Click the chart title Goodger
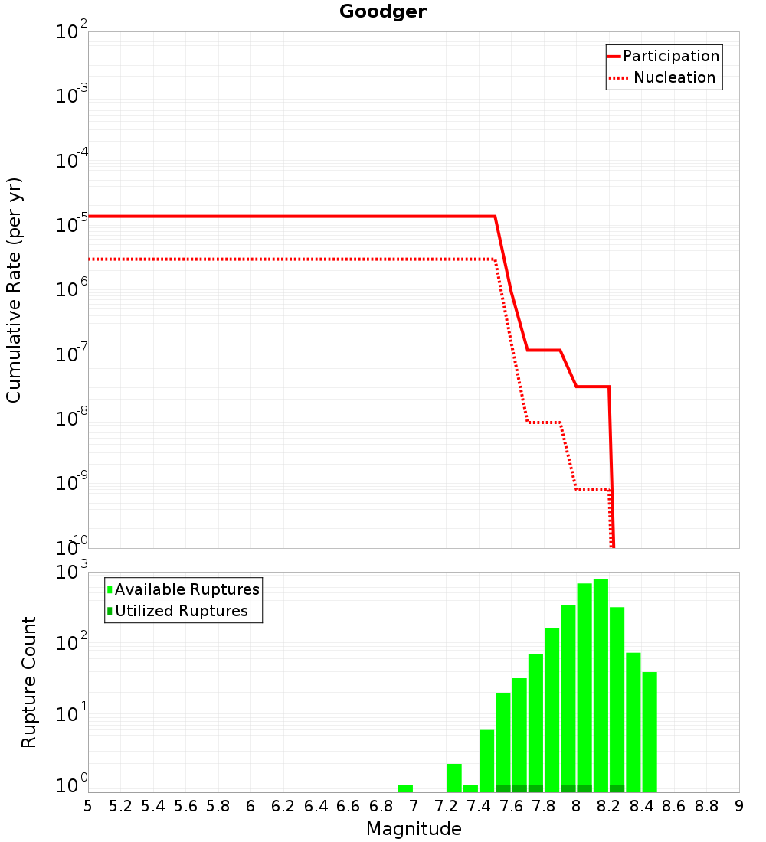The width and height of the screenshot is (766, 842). pos(383,11)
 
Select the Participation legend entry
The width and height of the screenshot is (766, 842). pos(663,56)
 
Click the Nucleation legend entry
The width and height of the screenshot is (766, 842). pos(663,77)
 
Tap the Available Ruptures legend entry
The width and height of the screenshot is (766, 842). pos(183,589)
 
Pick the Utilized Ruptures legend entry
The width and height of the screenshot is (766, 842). pos(178,611)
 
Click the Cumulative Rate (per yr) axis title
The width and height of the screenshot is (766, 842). pos(13,290)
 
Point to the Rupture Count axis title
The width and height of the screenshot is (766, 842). pos(28,682)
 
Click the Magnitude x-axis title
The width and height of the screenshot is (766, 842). pos(414,828)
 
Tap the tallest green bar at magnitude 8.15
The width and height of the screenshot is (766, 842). pos(601,685)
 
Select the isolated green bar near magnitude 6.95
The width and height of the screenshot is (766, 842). pos(405,789)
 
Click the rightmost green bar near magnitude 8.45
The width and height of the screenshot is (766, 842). pos(650,732)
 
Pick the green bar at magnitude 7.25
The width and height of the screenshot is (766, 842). pos(454,778)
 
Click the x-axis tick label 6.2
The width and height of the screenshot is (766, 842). pos(283,806)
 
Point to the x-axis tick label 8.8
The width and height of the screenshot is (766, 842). pos(706,806)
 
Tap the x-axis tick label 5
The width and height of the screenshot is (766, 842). pos(87,806)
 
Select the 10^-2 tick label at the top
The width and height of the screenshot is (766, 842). pos(72,30)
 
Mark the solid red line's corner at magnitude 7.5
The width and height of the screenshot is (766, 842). pos(495,217)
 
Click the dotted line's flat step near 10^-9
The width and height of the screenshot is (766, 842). pos(592,490)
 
